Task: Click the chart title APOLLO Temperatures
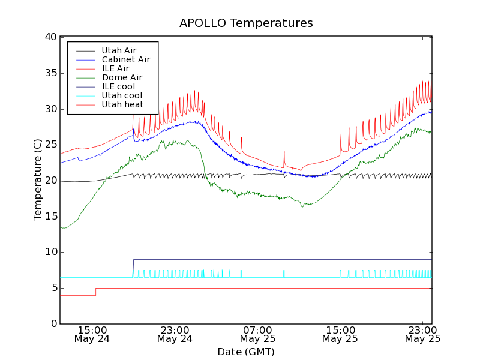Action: [246, 23]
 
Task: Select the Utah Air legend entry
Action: [118, 50]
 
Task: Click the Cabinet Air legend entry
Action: [125, 59]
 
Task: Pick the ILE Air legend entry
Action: [115, 68]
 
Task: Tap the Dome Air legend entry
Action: [122, 77]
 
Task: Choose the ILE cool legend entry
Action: [118, 86]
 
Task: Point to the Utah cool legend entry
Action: [122, 95]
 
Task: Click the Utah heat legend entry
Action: [122, 104]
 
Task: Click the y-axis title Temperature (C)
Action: [37, 180]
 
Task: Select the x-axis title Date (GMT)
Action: [246, 352]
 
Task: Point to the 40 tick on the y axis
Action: [50, 37]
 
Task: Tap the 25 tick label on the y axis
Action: [50, 145]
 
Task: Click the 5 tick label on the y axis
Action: [53, 288]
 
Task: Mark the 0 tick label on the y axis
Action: [53, 324]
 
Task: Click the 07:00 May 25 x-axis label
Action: [257, 334]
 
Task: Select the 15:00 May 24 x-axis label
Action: [92, 334]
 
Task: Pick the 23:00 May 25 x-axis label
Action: [422, 334]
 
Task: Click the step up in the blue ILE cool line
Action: [133, 266]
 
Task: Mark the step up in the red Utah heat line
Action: [95, 292]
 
